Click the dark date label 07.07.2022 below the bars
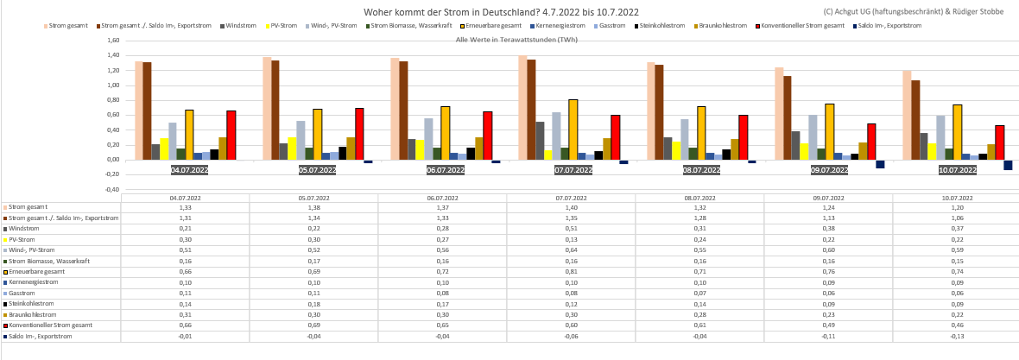(x=572, y=170)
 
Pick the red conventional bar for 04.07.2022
(x=231, y=135)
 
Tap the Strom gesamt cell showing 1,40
(x=571, y=207)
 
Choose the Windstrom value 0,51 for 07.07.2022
(x=571, y=229)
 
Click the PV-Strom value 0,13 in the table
(x=571, y=239)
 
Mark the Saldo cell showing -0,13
(x=956, y=337)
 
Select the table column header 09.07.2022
(x=827, y=198)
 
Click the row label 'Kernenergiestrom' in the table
(x=35, y=282)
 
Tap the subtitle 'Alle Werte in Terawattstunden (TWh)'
(x=516, y=41)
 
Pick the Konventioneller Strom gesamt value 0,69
(x=314, y=325)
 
